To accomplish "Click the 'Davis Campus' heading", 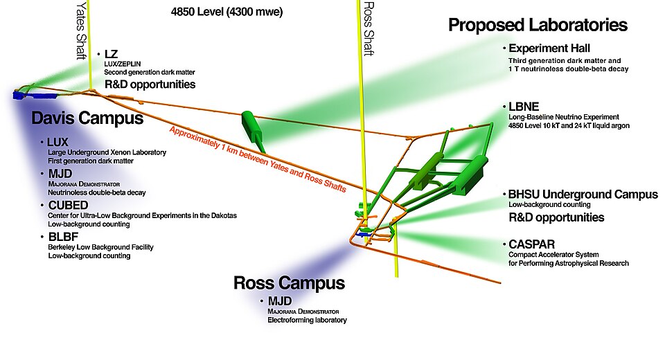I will point(87,118).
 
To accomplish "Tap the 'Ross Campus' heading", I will point(289,282).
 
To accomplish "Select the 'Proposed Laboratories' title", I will point(538,26).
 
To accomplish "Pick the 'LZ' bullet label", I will point(112,53).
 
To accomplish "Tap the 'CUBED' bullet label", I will point(67,206).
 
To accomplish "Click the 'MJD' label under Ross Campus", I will point(279,301).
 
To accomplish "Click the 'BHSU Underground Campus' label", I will point(583,195).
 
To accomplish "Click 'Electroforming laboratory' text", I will point(307,321).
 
